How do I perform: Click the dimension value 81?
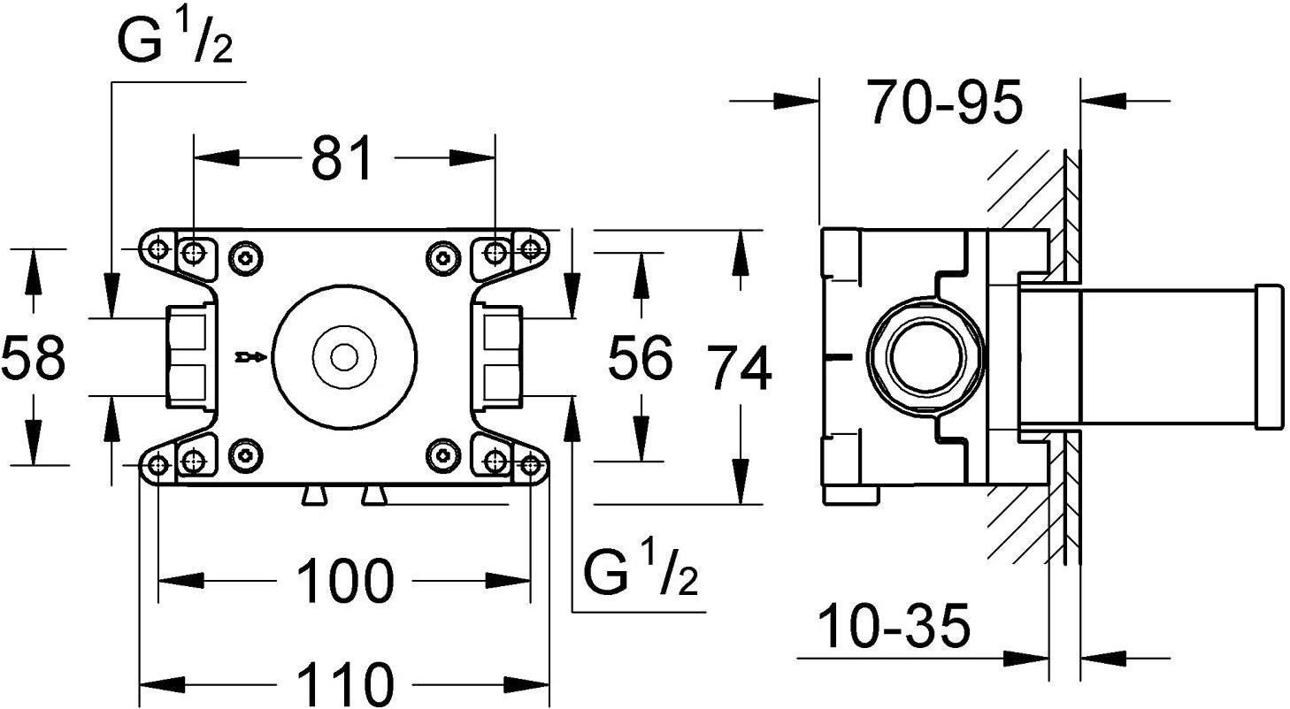point(342,159)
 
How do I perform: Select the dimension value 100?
point(343,581)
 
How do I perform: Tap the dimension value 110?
point(343,684)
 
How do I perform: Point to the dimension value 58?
point(33,357)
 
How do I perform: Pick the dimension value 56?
point(641,358)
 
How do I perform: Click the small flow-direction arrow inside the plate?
point(250,357)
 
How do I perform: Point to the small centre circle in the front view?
point(342,357)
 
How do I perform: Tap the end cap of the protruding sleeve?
point(1269,359)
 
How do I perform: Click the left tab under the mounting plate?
point(312,496)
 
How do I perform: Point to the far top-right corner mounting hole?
point(530,249)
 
